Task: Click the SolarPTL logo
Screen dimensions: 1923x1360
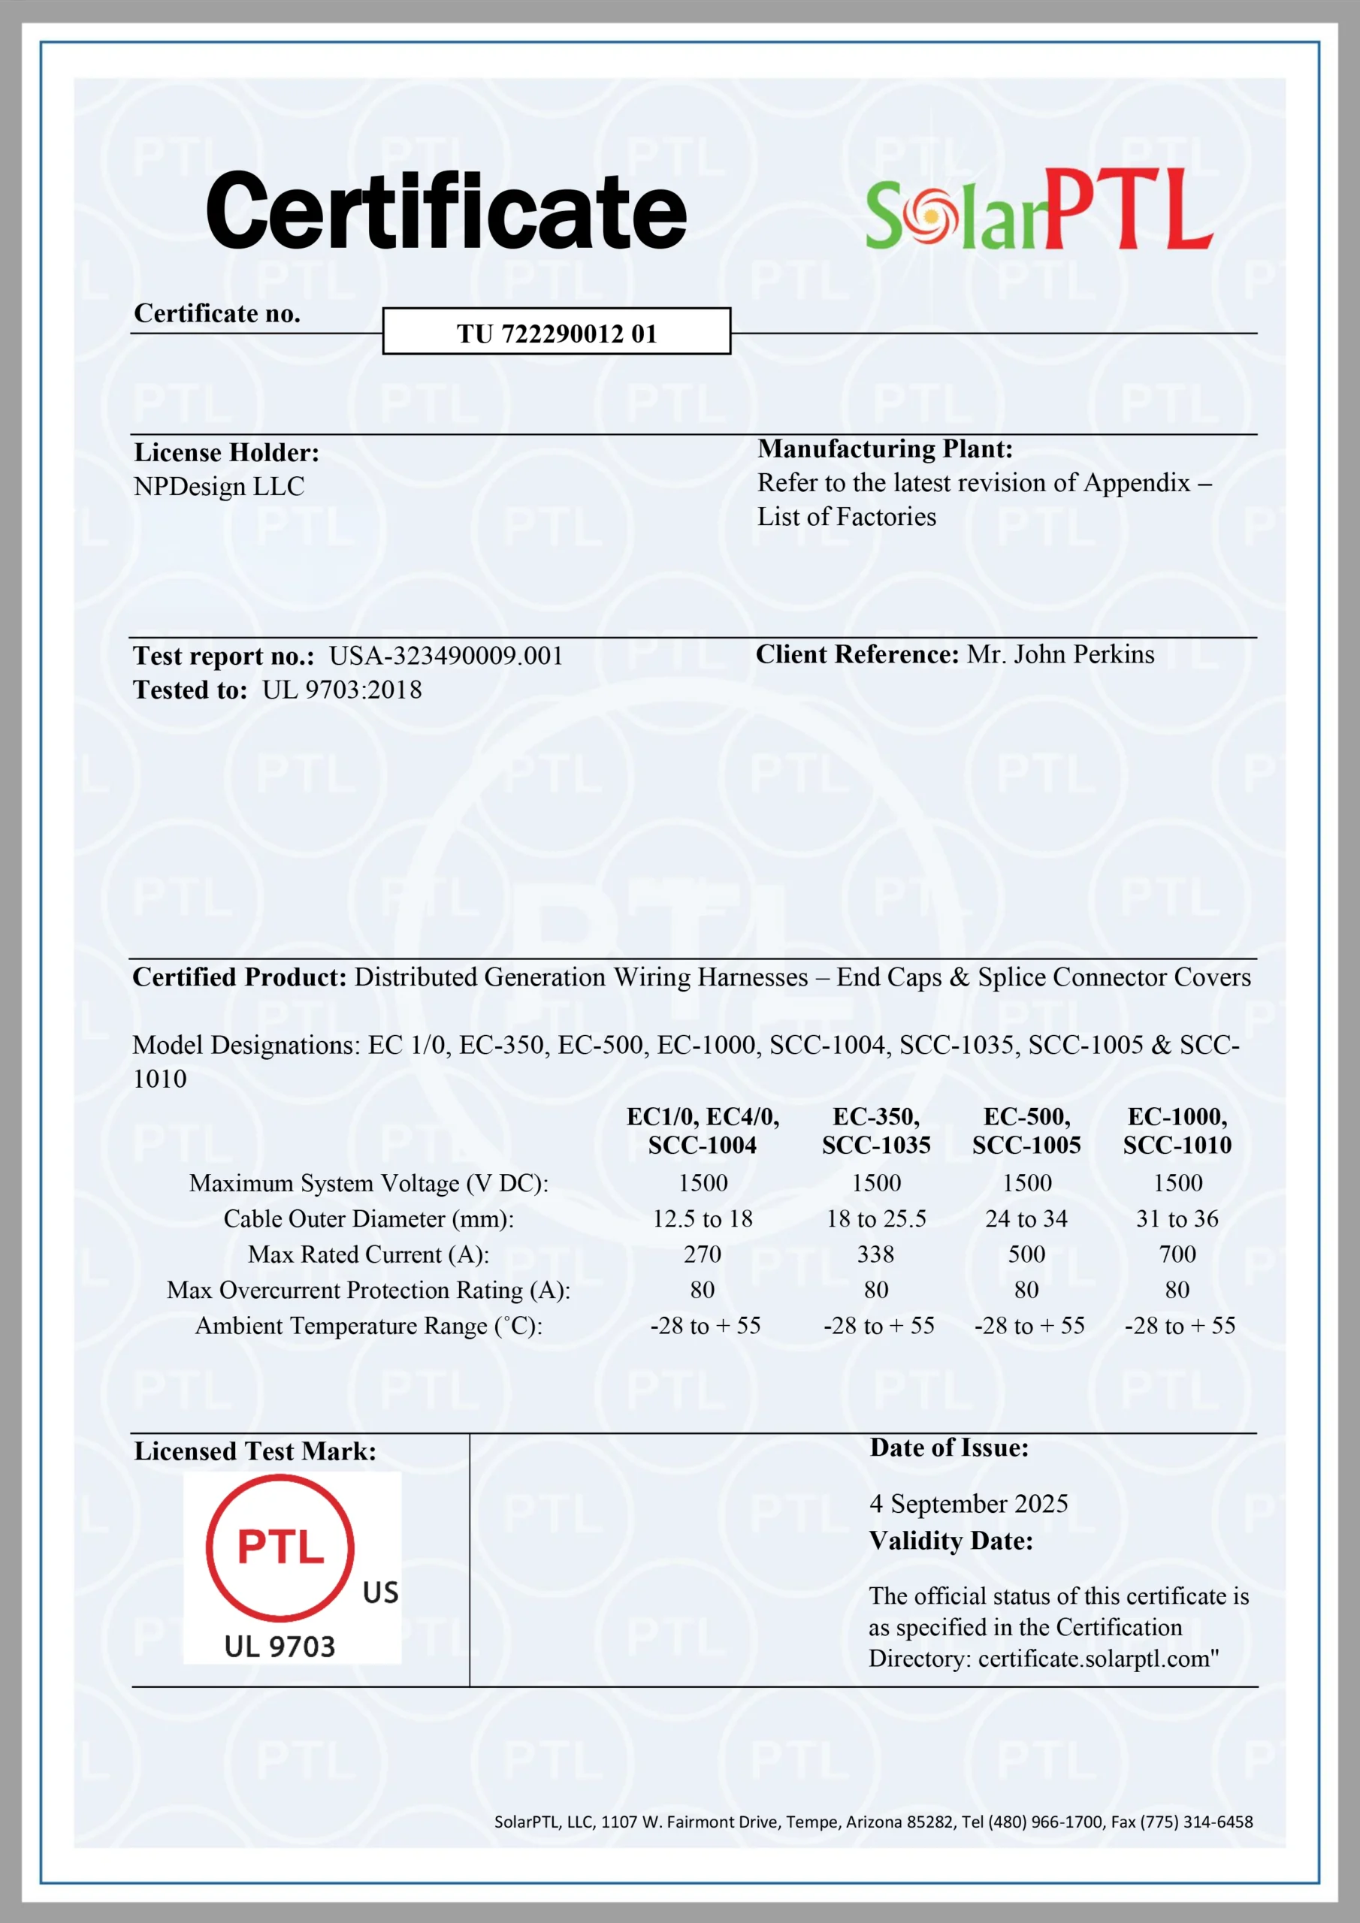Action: pos(1038,210)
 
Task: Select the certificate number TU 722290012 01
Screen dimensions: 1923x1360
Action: pos(557,334)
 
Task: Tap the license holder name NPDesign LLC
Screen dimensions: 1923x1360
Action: pos(219,487)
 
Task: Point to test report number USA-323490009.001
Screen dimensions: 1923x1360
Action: pos(446,656)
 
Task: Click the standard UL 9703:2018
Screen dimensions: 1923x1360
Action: pos(342,690)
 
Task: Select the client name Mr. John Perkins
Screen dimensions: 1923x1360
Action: pos(1060,654)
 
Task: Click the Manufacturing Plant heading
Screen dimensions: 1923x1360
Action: pos(885,449)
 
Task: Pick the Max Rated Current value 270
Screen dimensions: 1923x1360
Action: pos(703,1254)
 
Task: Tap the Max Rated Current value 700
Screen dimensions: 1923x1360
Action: pos(1177,1254)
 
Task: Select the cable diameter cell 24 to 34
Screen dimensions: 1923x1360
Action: pos(1026,1218)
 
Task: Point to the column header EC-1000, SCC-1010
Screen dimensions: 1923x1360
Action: pos(1177,1131)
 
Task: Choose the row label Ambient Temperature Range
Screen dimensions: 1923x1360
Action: pos(369,1326)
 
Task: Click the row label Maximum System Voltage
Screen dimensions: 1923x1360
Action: pos(369,1183)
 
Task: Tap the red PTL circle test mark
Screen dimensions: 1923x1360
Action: pos(280,1547)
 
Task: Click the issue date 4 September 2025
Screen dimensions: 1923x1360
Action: pos(969,1503)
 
